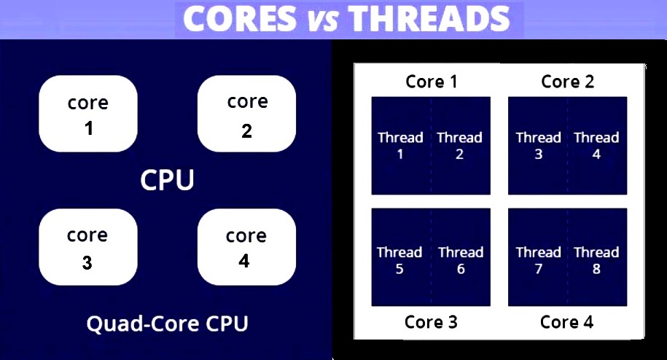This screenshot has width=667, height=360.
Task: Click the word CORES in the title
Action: coord(240,19)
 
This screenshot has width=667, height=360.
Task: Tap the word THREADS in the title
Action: coord(429,19)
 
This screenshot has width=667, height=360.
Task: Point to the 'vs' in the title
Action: coord(323,21)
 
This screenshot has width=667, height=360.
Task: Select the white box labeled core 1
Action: coord(88,114)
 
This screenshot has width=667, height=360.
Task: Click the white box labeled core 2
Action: coord(246,114)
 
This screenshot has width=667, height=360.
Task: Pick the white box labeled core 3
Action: coord(88,247)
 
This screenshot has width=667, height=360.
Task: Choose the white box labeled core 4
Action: coord(246,247)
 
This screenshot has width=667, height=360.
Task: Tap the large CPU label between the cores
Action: coord(167,180)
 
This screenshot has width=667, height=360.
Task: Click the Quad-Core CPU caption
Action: coord(167,324)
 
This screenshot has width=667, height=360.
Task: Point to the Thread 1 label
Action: coord(400,145)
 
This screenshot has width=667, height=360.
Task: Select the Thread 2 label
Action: coord(459,145)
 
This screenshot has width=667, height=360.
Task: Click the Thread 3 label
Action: coord(539,145)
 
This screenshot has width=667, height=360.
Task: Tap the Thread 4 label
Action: coord(596,145)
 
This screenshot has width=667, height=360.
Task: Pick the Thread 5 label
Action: coord(399,260)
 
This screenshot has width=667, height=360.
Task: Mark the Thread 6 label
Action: coord(461,260)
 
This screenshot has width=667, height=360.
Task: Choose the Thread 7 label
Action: coord(539,260)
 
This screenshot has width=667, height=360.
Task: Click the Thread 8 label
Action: coord(596,260)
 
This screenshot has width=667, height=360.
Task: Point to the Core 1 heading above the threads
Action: coord(432,82)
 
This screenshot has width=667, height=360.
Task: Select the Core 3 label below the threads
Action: coord(431,322)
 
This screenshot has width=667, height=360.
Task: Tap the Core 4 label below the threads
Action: coord(566,322)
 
